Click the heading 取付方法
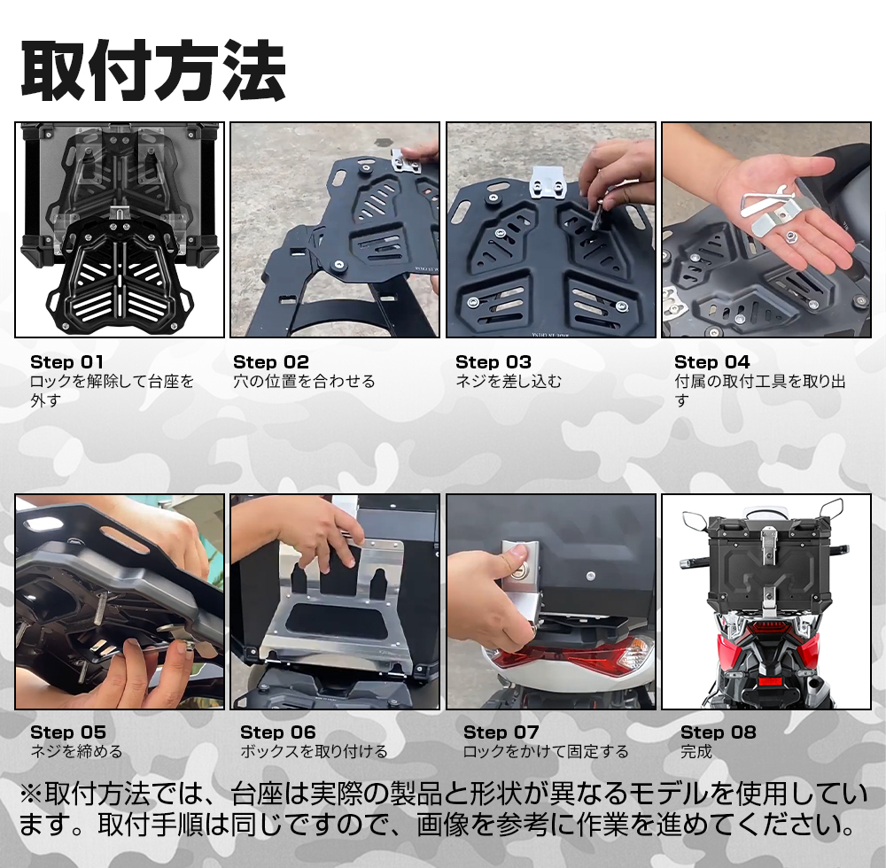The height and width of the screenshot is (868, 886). point(152,71)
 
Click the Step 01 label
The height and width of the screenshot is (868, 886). point(66,362)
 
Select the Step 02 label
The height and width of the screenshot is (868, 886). point(271,362)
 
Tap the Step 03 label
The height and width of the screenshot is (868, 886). point(494,362)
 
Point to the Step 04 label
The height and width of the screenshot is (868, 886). point(711,362)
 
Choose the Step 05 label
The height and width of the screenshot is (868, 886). point(67,732)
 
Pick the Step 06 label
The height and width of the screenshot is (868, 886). point(277,732)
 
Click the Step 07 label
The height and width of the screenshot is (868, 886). point(501,732)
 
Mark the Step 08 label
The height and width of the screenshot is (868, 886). point(719,732)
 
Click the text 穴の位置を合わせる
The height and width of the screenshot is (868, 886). point(304,382)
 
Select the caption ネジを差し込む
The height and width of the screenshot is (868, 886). point(509,382)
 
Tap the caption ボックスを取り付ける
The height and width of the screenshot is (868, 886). point(314,752)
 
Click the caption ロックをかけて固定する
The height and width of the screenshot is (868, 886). point(546,752)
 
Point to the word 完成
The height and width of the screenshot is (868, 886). point(696,752)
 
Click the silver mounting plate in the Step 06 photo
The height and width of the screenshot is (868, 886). point(328,620)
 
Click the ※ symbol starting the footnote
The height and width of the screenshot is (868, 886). point(31,793)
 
